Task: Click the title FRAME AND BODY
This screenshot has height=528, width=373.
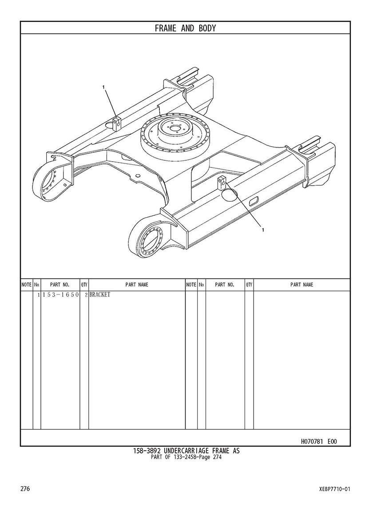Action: pos(185,28)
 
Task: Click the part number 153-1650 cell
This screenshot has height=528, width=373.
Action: pos(60,295)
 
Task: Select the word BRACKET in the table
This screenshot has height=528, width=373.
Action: pos(99,295)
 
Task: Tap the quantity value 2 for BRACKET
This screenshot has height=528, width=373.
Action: pos(86,295)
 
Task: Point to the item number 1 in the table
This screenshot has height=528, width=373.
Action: pos(39,295)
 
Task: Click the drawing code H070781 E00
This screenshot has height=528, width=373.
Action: pos(318,441)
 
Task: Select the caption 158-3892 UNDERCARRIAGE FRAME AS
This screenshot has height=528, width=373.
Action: pos(186,451)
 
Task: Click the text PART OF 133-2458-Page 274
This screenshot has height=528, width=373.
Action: pos(186,457)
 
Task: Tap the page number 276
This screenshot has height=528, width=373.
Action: pos(25,488)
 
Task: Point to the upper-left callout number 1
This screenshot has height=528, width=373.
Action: pos(104,87)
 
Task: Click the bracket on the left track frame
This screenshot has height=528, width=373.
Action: pos(116,123)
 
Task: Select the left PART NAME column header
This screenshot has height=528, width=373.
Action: pos(137,285)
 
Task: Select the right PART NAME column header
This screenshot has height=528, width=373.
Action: pos(302,285)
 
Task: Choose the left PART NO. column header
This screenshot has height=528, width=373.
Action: pos(60,285)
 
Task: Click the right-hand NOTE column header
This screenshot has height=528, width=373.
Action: pos(191,285)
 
